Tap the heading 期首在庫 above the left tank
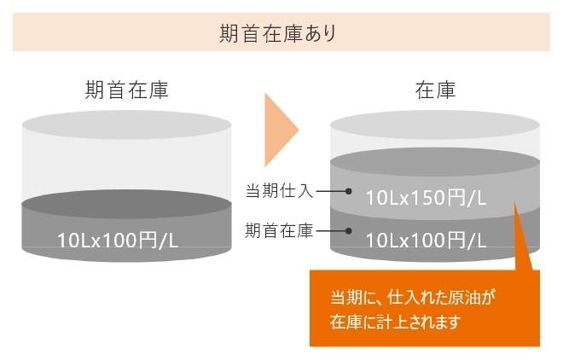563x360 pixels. [x=127, y=90]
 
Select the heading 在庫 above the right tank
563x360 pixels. [x=435, y=90]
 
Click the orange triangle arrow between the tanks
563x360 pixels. [x=280, y=130]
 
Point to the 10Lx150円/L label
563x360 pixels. [x=426, y=198]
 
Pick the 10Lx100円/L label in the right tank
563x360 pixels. [x=426, y=241]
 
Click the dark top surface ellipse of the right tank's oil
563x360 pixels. [x=435, y=161]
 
